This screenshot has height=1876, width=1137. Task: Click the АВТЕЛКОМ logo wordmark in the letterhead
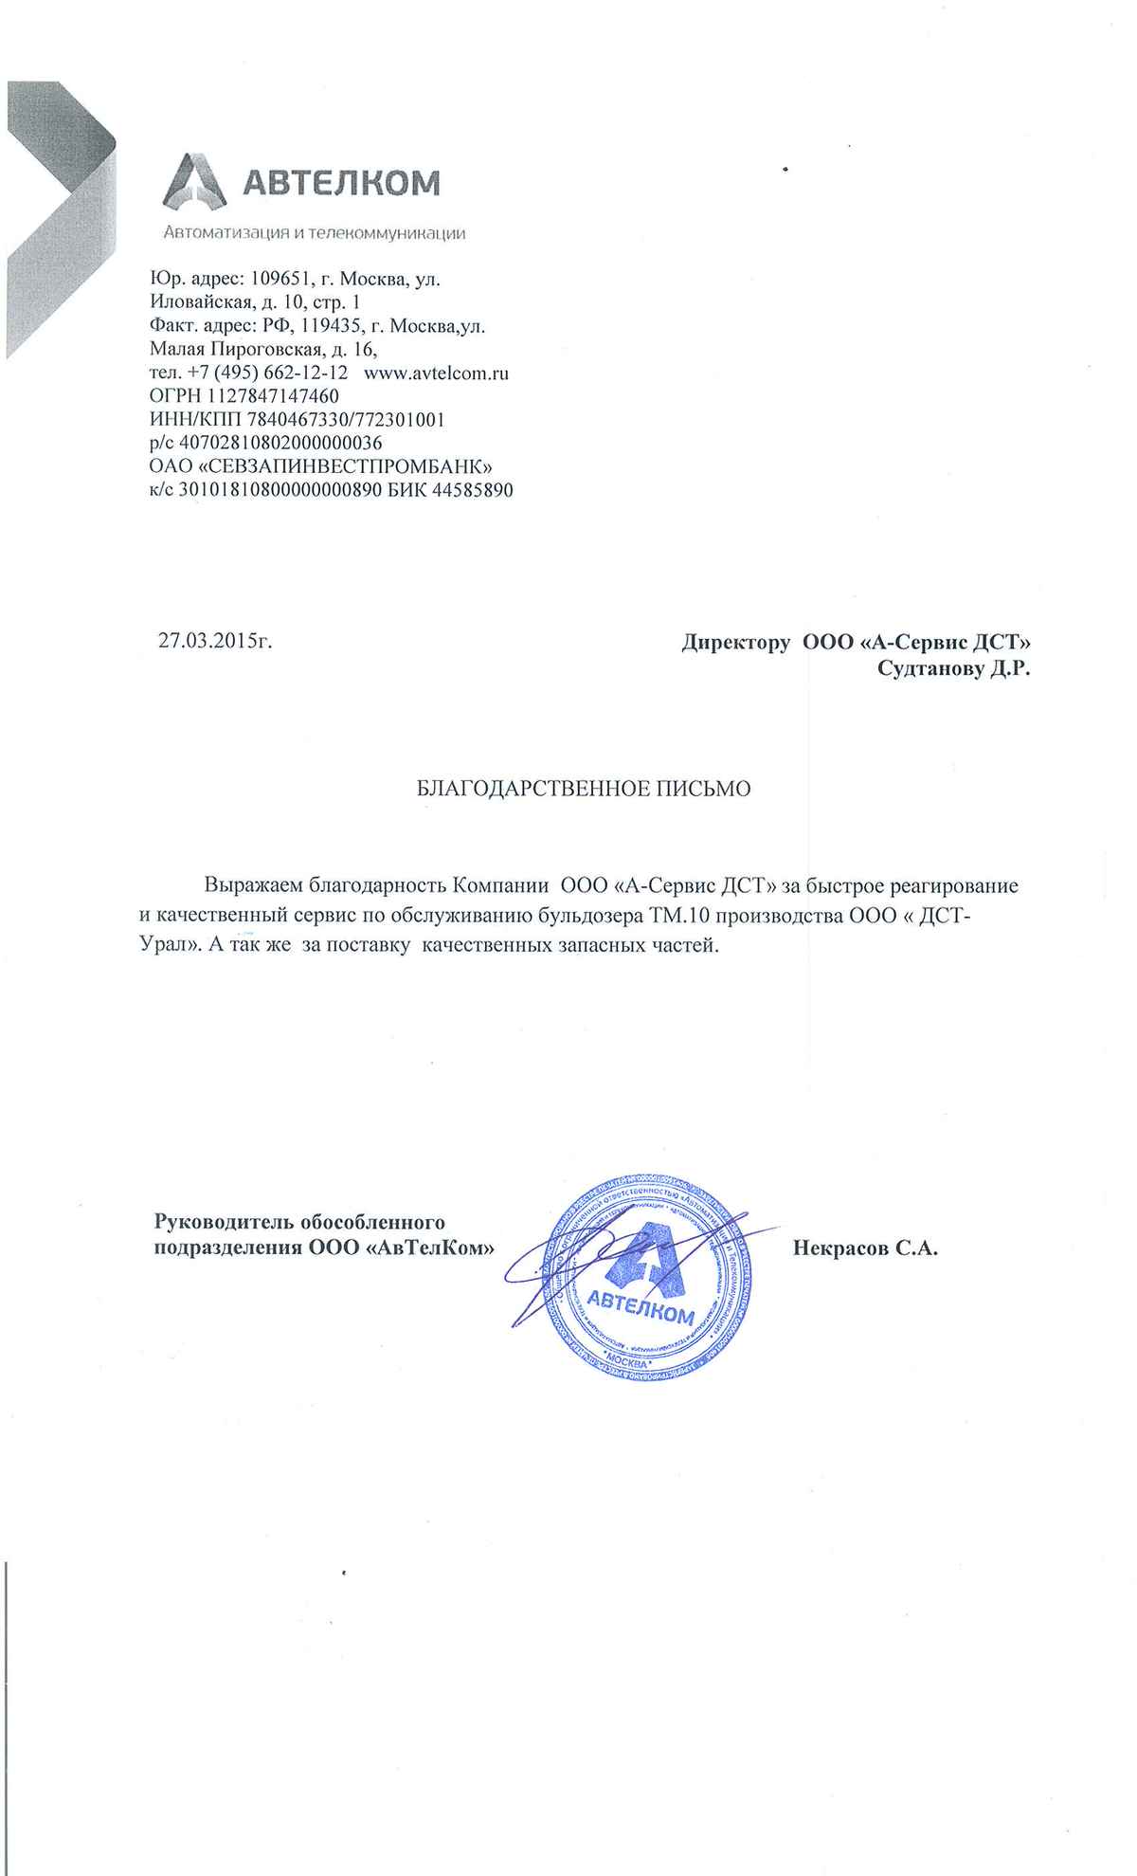click(x=342, y=182)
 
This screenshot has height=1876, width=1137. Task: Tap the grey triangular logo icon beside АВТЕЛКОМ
click(x=196, y=182)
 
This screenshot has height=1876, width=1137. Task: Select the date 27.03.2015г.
click(x=215, y=641)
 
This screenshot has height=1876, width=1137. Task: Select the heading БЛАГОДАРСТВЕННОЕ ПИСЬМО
click(x=584, y=789)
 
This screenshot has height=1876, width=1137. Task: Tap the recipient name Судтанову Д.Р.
click(x=954, y=669)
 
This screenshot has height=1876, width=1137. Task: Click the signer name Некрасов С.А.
click(x=864, y=1248)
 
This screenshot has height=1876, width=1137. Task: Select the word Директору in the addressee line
click(x=736, y=643)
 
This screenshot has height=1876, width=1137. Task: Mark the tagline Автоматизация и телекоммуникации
click(x=315, y=232)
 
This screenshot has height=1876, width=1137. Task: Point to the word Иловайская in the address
click(x=203, y=302)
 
